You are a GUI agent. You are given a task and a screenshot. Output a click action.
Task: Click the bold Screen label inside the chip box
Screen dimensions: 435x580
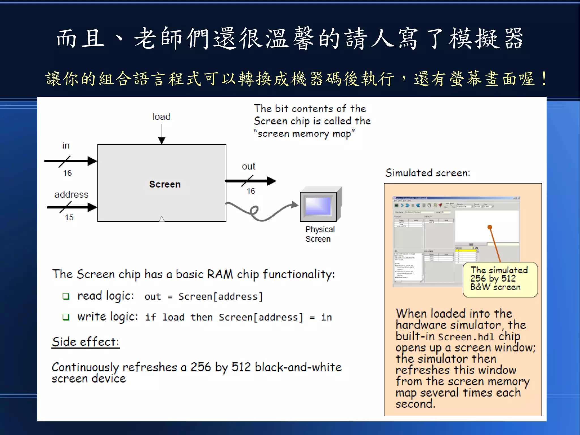point(165,184)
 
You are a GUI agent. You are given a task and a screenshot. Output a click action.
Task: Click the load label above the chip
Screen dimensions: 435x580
point(161,117)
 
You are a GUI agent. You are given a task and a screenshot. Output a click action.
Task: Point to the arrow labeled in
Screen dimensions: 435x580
point(71,161)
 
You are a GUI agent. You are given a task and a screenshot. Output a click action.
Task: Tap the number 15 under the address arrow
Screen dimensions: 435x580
point(69,217)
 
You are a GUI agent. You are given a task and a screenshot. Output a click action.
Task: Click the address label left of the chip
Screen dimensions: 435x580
point(71,194)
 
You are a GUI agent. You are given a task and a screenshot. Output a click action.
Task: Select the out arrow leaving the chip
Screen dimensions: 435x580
point(251,181)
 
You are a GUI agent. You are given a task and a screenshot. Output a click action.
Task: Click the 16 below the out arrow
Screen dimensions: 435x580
point(251,191)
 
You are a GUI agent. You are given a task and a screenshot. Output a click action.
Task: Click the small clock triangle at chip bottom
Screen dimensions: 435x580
point(162,219)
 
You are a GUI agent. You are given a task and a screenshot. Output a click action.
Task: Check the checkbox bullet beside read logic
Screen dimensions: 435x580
point(66,296)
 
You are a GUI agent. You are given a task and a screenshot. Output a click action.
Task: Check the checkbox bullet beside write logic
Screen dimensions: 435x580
point(66,317)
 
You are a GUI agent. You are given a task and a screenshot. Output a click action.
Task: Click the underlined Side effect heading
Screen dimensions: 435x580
point(86,342)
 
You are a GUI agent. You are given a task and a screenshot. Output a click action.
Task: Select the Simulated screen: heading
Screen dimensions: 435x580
point(428,173)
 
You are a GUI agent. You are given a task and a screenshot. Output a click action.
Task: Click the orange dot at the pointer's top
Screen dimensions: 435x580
point(490,227)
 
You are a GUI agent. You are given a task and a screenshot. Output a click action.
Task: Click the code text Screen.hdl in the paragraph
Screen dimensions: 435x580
point(466,337)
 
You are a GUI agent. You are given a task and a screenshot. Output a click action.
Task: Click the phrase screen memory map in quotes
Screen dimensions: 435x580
point(304,133)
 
